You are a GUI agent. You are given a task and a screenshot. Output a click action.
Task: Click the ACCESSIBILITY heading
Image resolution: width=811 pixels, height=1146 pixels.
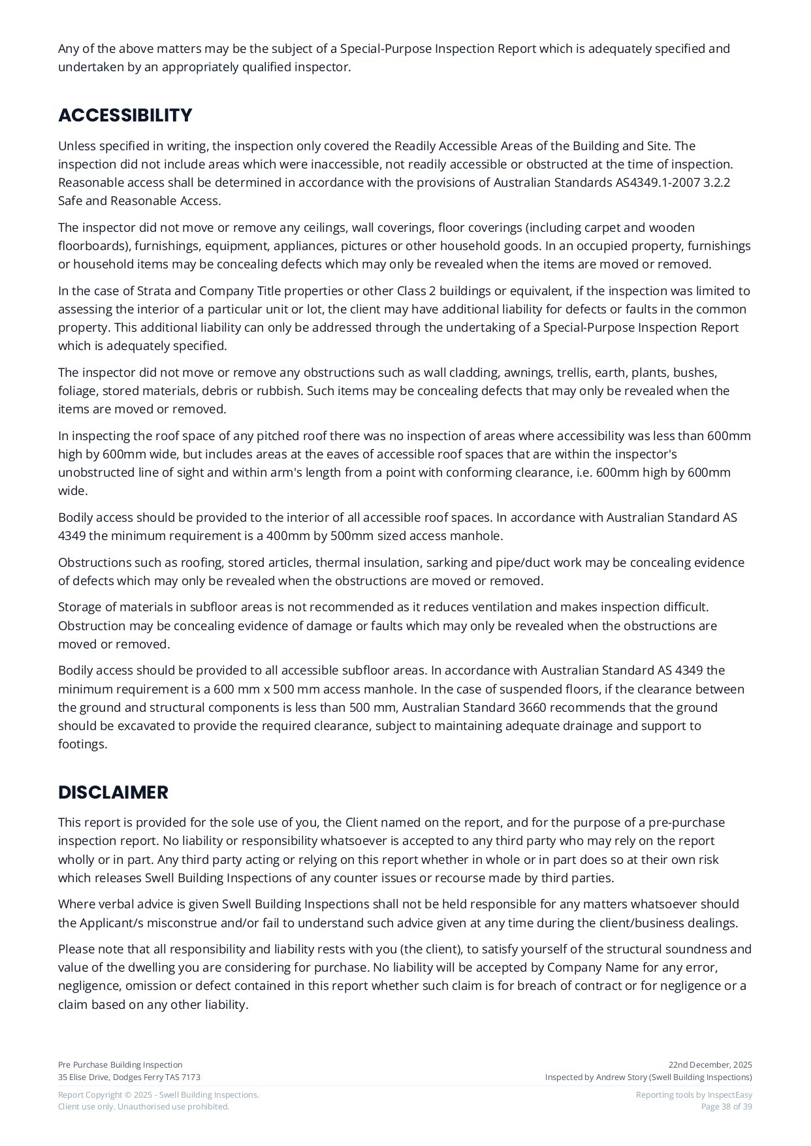tap(125, 116)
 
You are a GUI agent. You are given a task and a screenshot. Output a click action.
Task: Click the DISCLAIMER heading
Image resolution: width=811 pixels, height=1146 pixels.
tap(113, 792)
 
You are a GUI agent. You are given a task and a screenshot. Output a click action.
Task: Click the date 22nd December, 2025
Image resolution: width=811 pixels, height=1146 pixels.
tap(710, 1064)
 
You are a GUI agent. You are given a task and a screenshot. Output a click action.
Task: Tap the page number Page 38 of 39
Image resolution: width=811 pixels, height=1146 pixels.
tap(726, 1106)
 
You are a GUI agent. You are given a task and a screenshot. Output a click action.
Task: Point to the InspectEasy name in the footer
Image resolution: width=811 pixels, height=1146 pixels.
tap(729, 1094)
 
